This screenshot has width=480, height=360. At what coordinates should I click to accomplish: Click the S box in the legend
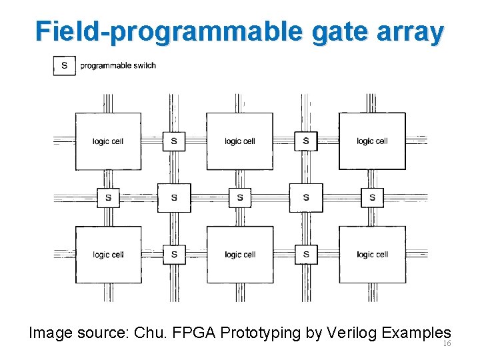click(x=64, y=65)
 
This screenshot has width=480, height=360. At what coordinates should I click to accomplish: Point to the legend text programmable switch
click(x=118, y=65)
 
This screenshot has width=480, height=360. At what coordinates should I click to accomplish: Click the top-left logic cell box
click(x=108, y=141)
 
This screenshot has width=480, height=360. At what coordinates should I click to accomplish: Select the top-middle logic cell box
click(x=240, y=141)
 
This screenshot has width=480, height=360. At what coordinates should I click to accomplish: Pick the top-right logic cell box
click(x=372, y=141)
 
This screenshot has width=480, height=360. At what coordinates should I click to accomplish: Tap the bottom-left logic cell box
click(x=108, y=255)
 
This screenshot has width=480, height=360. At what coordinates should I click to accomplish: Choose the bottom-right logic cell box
click(x=372, y=255)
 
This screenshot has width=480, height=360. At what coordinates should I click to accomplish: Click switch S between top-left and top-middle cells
click(x=174, y=141)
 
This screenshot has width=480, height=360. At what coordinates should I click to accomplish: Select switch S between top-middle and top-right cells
click(x=306, y=141)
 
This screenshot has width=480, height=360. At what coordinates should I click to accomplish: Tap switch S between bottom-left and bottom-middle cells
click(x=174, y=255)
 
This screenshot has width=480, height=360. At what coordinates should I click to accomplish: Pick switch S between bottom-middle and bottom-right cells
click(x=306, y=255)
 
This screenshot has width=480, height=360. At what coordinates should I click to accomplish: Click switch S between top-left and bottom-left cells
click(x=108, y=197)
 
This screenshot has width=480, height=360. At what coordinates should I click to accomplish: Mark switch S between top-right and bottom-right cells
click(x=372, y=197)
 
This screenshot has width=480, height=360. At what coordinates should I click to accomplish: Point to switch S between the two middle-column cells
click(x=240, y=197)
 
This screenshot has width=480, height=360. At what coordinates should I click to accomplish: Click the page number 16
click(x=447, y=344)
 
